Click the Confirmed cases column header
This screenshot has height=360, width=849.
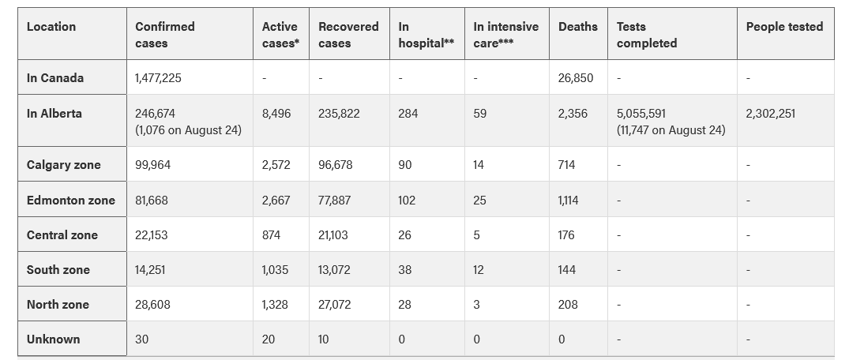point(164,35)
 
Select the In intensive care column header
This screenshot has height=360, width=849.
point(505,35)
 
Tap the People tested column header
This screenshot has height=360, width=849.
point(784,27)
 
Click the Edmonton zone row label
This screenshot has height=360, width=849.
point(71,201)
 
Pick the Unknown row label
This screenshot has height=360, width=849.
point(54,339)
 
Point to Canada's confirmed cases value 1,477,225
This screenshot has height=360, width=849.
point(158,78)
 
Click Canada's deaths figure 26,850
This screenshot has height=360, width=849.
point(576,78)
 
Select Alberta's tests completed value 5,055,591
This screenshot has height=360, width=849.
point(641,114)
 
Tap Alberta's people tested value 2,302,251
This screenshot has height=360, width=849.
point(771,114)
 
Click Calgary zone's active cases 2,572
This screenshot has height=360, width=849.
point(276,165)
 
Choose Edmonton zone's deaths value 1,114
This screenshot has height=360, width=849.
point(568,201)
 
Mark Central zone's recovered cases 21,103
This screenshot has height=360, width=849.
point(333,235)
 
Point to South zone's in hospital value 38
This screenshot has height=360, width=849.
point(405,269)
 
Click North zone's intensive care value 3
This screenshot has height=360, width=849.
point(476,305)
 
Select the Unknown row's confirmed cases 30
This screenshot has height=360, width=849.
point(142,339)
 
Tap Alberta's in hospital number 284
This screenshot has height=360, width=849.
point(408,114)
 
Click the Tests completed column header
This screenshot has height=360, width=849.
point(647,35)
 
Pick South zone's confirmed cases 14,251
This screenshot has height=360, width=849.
point(151,269)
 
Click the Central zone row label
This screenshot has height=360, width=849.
point(62,235)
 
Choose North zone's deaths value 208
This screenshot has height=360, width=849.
point(568,305)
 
